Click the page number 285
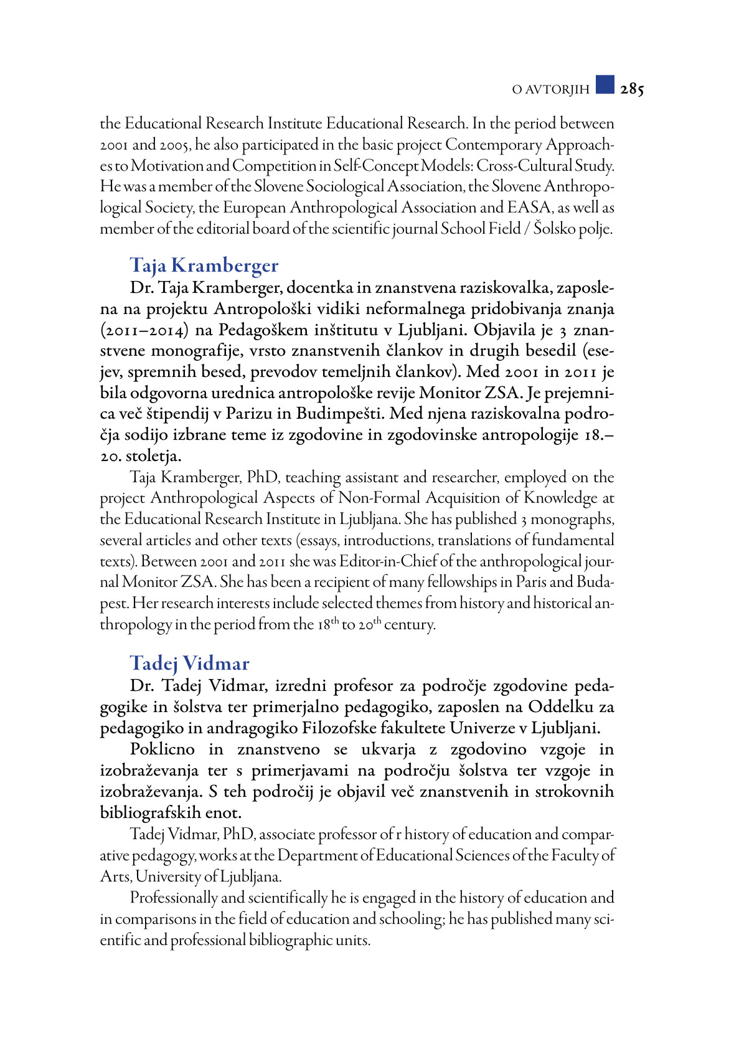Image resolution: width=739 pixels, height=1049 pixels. click(x=632, y=89)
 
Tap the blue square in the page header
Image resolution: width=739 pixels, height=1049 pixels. click(x=605, y=85)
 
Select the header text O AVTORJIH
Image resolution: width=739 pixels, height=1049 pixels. click(x=550, y=90)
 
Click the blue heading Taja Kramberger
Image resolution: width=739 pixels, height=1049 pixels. click(x=204, y=265)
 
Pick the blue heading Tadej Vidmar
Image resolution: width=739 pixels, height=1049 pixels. click(x=190, y=663)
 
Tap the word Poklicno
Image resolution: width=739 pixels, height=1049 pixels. click(x=162, y=749)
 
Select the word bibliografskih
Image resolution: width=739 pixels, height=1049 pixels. click(x=150, y=813)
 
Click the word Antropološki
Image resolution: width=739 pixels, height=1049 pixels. click(x=262, y=309)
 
